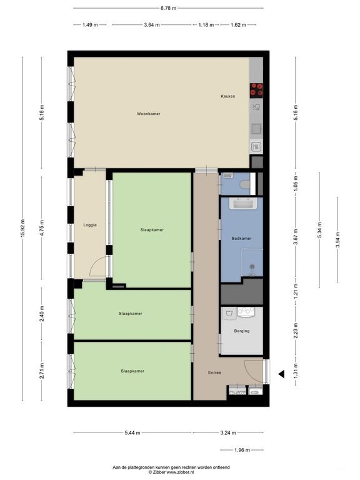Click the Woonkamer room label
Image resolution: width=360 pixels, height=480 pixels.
click(149, 114)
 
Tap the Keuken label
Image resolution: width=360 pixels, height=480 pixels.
click(227, 96)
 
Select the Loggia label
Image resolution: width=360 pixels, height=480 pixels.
click(89, 225)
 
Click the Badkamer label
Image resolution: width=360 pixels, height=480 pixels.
click(241, 239)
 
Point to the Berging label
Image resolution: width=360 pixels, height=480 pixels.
click(241, 331)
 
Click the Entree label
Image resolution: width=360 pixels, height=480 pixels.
click(214, 372)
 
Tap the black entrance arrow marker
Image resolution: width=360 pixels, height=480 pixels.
click(281, 374)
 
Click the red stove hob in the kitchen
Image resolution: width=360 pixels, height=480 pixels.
click(256, 90)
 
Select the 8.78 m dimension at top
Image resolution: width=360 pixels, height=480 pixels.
click(168, 8)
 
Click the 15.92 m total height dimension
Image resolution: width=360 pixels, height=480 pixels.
click(23, 229)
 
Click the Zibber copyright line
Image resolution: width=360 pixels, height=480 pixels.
click(171, 472)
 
